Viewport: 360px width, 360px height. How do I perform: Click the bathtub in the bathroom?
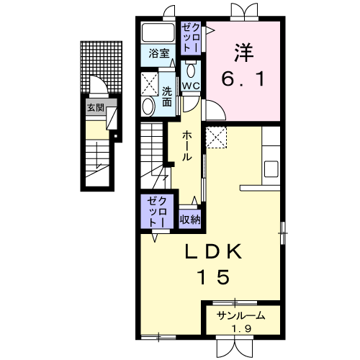click(158, 32)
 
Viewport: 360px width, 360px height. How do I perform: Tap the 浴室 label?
click(159, 53)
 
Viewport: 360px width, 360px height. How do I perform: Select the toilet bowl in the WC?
click(191, 71)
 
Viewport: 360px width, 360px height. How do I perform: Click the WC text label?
click(191, 86)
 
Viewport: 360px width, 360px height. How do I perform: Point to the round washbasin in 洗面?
click(148, 107)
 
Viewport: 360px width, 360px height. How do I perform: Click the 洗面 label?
click(167, 96)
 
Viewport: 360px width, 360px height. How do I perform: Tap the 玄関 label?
click(96, 108)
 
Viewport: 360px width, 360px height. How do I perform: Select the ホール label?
click(187, 146)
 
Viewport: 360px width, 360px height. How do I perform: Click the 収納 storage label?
click(190, 219)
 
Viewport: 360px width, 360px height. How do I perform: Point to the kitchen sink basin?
click(271, 169)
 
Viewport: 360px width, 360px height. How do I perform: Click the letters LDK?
click(213, 251)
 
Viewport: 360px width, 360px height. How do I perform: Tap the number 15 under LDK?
click(213, 276)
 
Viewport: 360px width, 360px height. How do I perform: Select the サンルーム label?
click(241, 316)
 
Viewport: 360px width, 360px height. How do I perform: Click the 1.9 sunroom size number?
click(241, 328)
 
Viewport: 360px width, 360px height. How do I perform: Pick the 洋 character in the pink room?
click(243, 53)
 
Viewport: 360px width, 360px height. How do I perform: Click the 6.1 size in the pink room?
click(243, 78)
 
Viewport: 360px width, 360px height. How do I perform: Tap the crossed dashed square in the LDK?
click(216, 138)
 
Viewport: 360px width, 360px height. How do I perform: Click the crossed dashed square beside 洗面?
click(149, 84)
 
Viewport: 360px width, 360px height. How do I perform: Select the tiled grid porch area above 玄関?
click(102, 68)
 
